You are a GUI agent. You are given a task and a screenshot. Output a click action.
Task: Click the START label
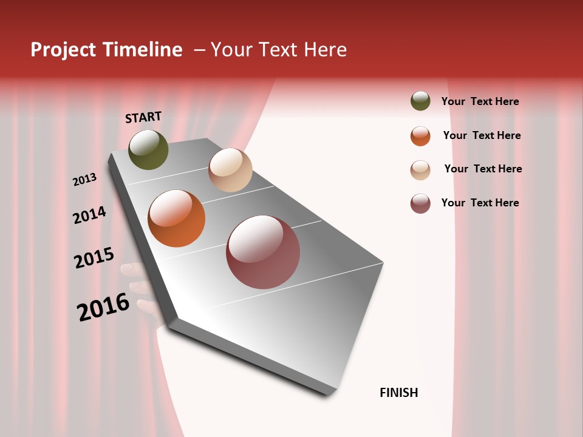point(143,117)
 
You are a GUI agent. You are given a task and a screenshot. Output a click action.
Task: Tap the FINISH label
point(399,393)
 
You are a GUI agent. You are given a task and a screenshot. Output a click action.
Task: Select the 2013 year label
point(85,180)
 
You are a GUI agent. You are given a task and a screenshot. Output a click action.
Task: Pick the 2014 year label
point(89,215)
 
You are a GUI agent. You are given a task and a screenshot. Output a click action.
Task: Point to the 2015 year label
point(94,258)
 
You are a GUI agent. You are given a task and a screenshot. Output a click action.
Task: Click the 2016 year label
point(103,307)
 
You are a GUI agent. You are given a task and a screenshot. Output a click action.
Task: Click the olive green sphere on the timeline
point(149,150)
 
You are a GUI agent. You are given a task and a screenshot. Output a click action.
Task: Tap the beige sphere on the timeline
point(230,170)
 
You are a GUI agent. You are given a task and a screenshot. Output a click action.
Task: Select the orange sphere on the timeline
point(177,218)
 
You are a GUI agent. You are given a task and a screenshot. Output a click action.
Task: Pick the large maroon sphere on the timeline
point(263,252)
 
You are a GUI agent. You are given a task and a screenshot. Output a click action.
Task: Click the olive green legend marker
point(420,101)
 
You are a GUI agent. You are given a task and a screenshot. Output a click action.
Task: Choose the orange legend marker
point(420,136)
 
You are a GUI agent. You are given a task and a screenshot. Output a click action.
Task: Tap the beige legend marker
point(420,170)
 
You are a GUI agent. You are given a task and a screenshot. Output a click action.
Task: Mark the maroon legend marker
point(420,203)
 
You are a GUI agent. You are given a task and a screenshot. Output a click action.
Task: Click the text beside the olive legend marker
point(480,101)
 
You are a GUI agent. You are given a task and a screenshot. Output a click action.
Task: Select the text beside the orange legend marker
point(482,135)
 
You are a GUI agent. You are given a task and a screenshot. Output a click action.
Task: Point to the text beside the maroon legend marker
point(480,203)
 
